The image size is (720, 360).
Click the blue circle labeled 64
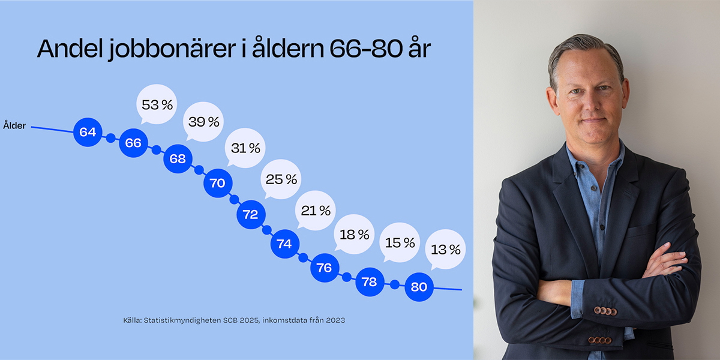(x=88, y=131)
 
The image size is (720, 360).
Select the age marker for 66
(x=133, y=143)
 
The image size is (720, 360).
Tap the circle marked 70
(x=217, y=183)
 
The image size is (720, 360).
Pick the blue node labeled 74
(x=284, y=244)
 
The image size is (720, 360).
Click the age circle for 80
(x=419, y=287)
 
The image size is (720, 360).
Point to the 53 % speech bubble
(x=157, y=104)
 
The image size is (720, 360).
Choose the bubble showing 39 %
(x=204, y=121)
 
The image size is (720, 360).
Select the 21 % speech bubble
(x=316, y=211)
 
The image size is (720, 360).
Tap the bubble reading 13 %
(x=446, y=249)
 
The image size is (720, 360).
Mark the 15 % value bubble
(x=400, y=242)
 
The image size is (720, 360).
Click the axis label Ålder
(x=14, y=126)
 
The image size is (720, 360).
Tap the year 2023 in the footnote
(x=334, y=320)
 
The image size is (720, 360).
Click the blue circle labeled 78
(x=370, y=281)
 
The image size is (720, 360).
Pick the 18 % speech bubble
(x=355, y=234)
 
